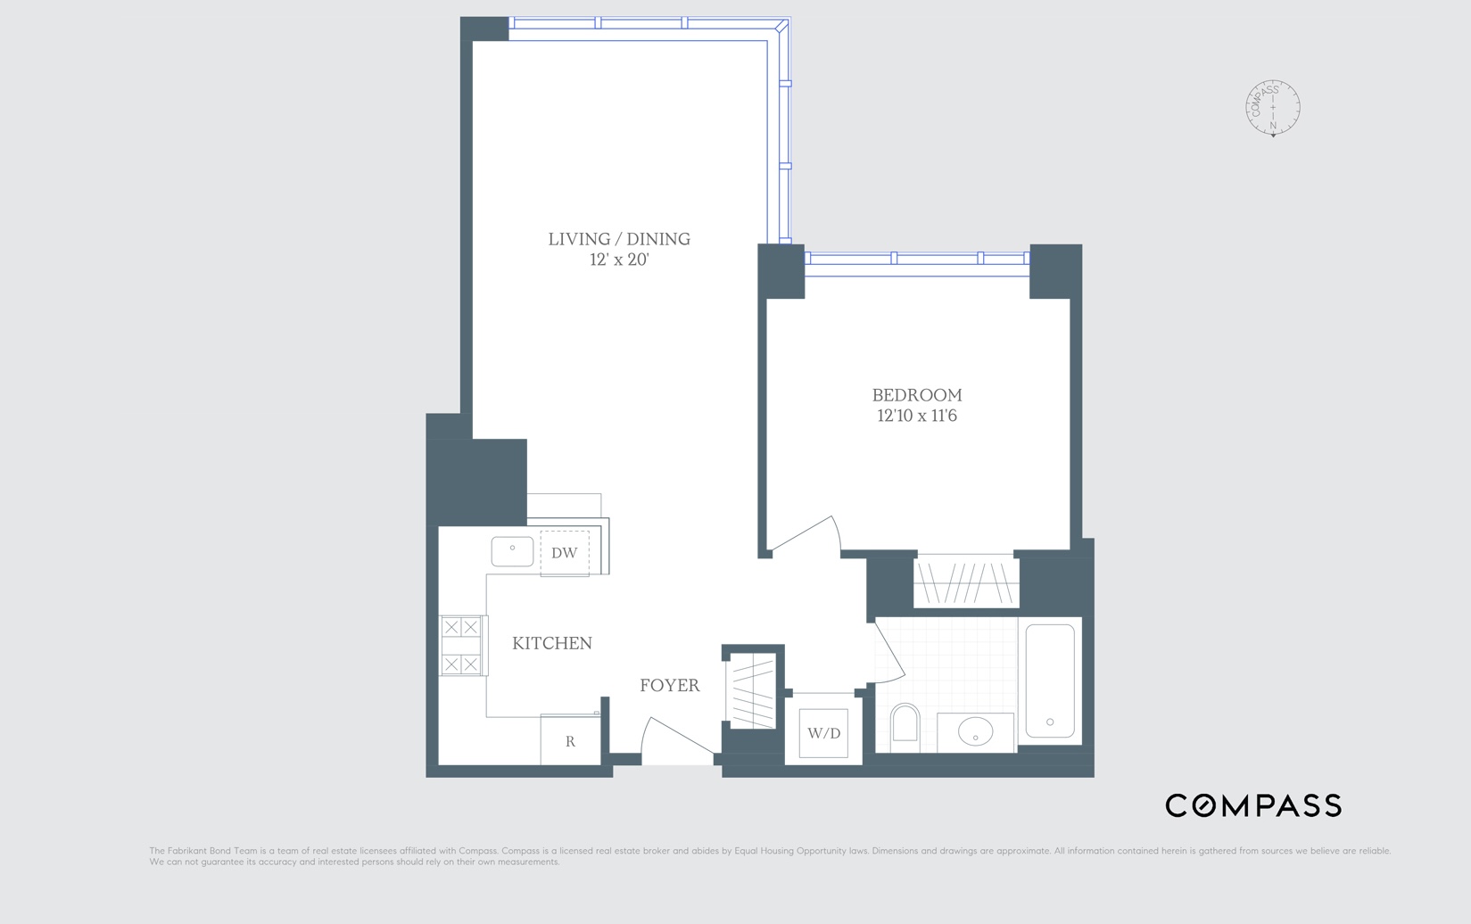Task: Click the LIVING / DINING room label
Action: pos(619,239)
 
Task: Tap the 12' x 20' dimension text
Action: pos(619,260)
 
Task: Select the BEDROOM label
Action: pos(917,395)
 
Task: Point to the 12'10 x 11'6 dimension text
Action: pos(917,416)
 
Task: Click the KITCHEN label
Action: pos(552,643)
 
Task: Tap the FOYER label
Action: pos(669,685)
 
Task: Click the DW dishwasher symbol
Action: pos(564,553)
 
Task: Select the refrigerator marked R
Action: pos(570,740)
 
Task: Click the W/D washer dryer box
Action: pos(823,733)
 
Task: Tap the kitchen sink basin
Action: pos(512,551)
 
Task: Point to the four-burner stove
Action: pos(461,646)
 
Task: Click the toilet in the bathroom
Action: pos(905,724)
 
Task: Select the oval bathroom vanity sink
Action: pos(975,732)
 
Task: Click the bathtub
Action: pos(1050,681)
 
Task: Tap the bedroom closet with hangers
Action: pos(966,582)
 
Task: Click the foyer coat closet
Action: pos(753,690)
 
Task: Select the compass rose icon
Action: pos(1273,108)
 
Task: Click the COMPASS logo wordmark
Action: pos(1253,805)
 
